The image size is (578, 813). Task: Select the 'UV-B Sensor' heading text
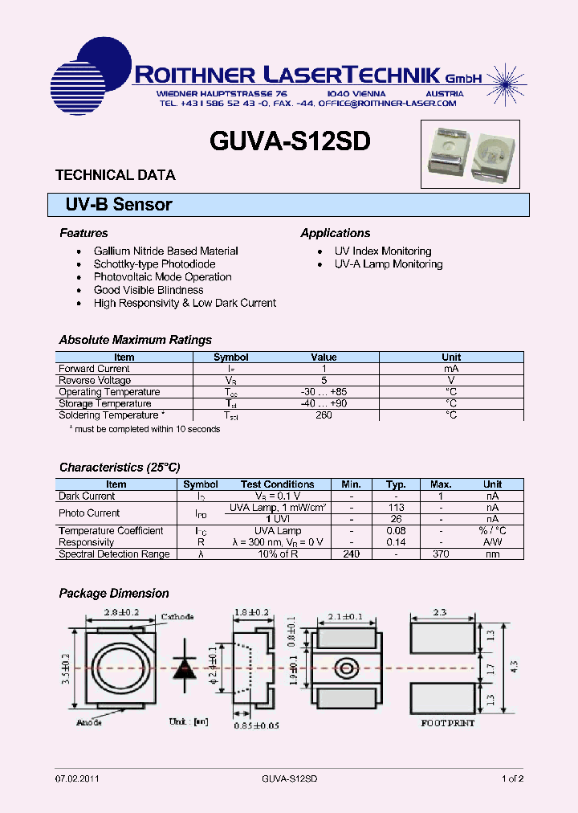click(x=119, y=205)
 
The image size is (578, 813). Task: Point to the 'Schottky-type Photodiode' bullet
click(x=154, y=264)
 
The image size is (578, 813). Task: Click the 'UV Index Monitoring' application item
click(x=383, y=251)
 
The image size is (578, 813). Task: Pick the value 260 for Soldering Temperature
click(x=324, y=415)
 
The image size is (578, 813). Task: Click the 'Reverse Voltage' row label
click(x=95, y=380)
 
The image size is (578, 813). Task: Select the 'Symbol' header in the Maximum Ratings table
click(x=231, y=357)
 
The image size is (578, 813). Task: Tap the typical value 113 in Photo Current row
click(x=396, y=508)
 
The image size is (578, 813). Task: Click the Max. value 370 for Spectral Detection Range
click(x=441, y=554)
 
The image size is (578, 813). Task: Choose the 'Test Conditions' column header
click(x=277, y=484)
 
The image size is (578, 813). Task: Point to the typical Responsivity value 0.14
click(x=396, y=542)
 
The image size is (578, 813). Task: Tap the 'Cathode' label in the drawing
click(x=178, y=617)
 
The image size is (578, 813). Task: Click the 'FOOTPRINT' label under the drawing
click(x=448, y=723)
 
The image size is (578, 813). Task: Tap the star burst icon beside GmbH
click(x=503, y=78)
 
